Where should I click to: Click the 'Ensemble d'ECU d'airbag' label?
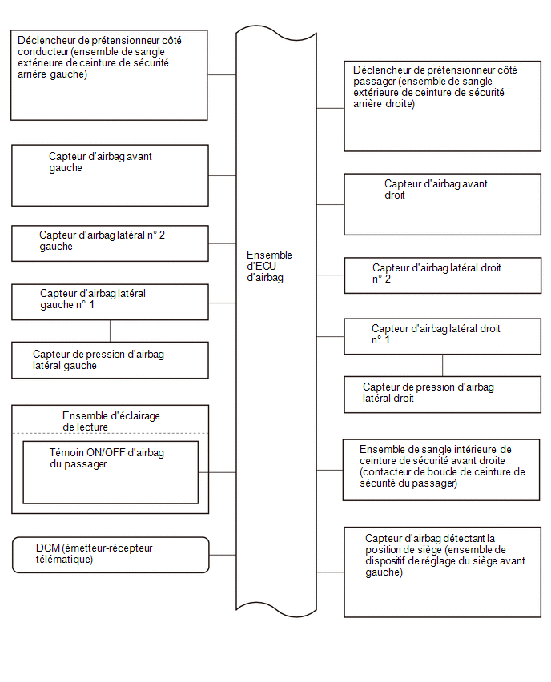click(269, 266)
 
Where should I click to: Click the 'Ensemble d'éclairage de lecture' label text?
click(111, 422)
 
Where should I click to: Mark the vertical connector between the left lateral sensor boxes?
click(110, 331)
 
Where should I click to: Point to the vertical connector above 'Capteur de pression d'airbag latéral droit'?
click(443, 365)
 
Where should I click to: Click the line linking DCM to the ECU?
click(223, 555)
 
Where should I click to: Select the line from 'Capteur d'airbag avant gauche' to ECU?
click(222, 176)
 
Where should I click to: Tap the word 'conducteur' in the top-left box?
click(43, 52)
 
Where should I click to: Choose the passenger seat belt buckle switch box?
click(441, 470)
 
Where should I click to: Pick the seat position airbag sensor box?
click(442, 572)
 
